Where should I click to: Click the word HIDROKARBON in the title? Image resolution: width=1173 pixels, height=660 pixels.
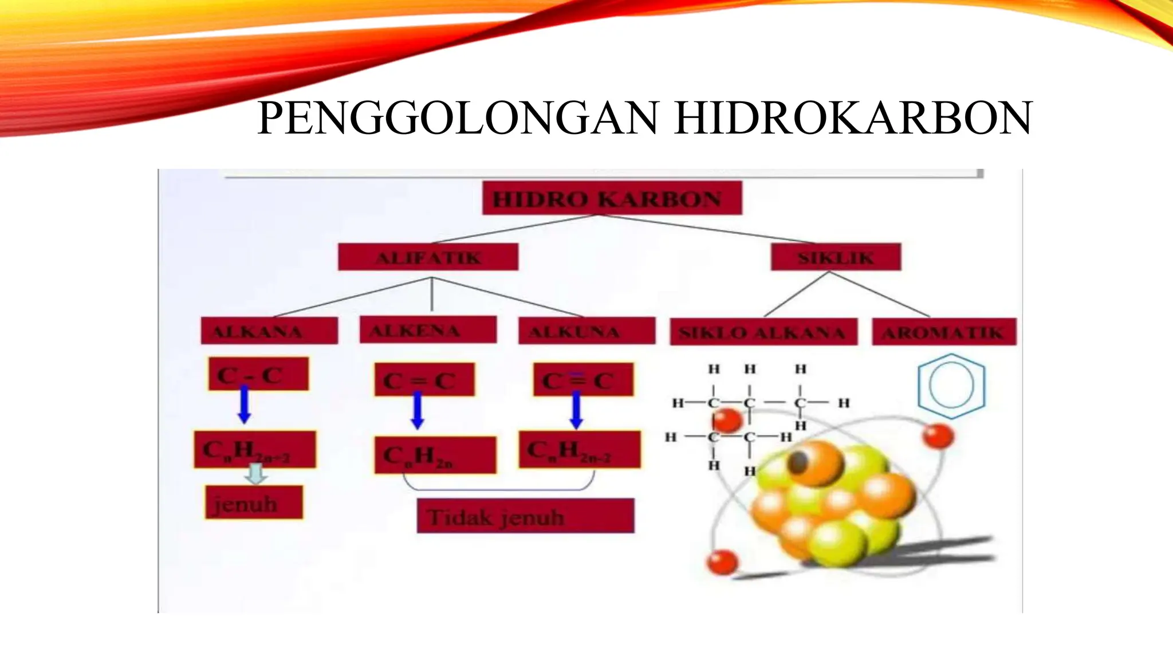coord(853,119)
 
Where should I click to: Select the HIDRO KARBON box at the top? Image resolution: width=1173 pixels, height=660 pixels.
coord(612,198)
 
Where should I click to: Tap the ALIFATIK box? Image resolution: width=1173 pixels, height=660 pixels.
coord(428,257)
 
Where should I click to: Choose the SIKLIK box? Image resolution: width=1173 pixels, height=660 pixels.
coord(836,257)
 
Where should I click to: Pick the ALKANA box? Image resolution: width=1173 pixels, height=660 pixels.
coord(269,331)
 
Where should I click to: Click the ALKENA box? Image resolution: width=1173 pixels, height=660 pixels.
coord(428,330)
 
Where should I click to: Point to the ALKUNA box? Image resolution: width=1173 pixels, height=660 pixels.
coord(586,331)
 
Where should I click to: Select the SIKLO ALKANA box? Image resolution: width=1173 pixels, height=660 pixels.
coord(763,332)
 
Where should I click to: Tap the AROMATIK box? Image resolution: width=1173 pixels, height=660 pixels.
coord(944,332)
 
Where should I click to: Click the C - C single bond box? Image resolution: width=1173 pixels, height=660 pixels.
coord(258,375)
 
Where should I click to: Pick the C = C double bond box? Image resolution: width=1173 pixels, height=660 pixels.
coord(424,380)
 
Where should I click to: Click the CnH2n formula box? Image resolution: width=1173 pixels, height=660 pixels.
coord(435,455)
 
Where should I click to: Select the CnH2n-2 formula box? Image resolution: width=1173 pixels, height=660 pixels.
coord(580,450)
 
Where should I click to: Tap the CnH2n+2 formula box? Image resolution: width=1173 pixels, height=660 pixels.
coord(254,450)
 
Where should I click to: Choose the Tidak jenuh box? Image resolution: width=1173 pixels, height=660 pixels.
coord(525,516)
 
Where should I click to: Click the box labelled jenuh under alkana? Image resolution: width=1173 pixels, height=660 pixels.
coord(254,503)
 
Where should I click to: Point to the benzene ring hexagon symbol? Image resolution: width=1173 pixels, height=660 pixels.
coord(951,386)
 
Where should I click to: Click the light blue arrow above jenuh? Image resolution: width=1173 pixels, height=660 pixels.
coord(256,473)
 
